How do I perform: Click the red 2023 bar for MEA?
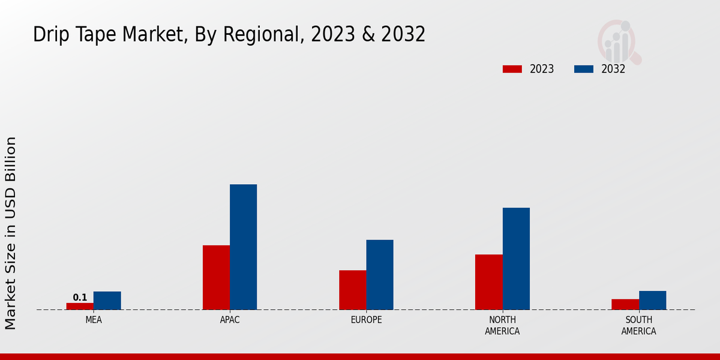(x=80, y=306)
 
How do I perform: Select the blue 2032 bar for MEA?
(x=107, y=301)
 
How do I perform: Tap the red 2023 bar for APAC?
(x=216, y=277)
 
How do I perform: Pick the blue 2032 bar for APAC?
(x=243, y=247)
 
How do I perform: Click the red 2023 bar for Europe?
(x=352, y=290)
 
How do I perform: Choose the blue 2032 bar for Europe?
(x=380, y=275)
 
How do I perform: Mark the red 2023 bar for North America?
(x=488, y=282)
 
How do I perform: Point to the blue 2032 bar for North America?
(x=516, y=259)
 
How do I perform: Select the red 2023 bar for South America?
(x=625, y=304)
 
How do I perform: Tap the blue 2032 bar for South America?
(x=652, y=300)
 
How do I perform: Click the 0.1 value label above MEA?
(x=80, y=298)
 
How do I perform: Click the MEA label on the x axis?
(x=94, y=320)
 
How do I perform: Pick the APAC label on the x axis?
(x=230, y=320)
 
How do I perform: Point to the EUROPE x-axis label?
(x=366, y=320)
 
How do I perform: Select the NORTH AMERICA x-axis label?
(x=502, y=325)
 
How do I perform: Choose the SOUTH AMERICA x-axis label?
(x=638, y=325)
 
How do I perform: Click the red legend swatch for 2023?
(x=512, y=69)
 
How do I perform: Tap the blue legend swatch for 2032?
(x=583, y=69)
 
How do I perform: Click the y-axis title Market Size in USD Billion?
(x=11, y=233)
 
